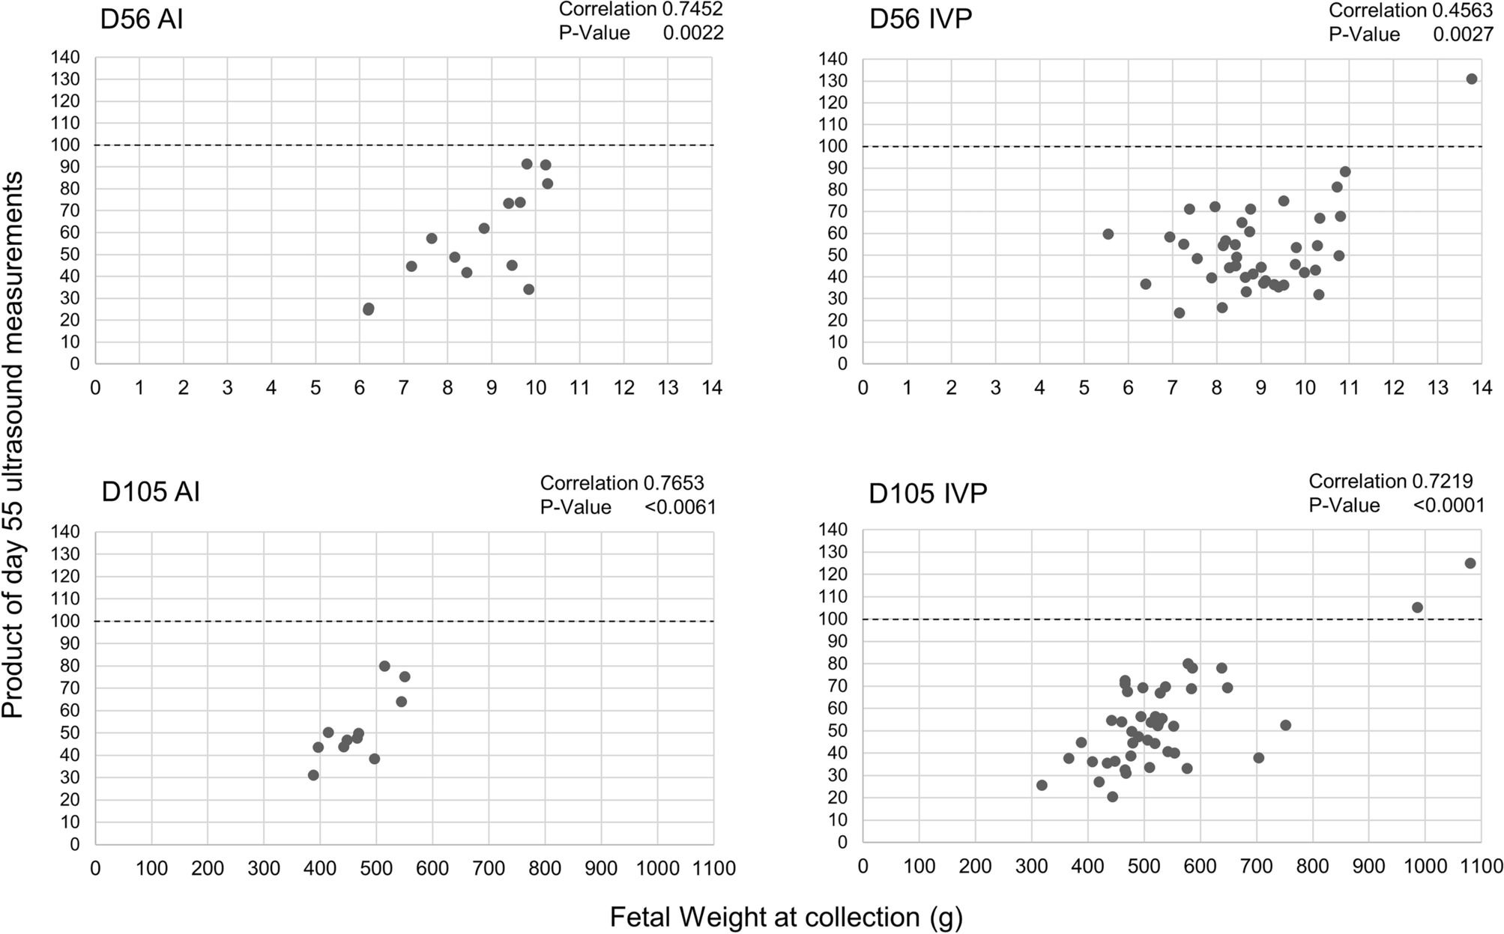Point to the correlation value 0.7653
673,482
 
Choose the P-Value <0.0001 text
1448,506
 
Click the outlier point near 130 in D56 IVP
1471,79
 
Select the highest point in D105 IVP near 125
1470,563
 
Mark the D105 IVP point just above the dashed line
1417,607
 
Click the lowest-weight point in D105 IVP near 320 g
1042,785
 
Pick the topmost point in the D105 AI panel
384,666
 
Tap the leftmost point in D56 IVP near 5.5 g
1108,234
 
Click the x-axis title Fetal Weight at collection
785,918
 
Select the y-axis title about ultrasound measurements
13,445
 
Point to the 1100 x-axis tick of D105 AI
713,868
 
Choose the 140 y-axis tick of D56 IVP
833,58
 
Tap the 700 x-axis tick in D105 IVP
1256,867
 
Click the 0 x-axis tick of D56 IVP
863,388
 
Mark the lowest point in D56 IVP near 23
1179,313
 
